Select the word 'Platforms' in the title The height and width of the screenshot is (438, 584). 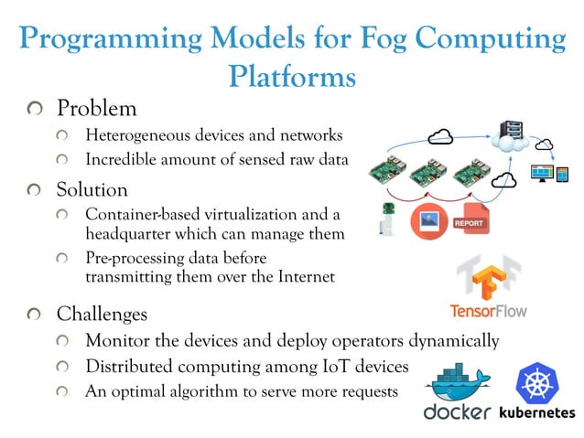292,77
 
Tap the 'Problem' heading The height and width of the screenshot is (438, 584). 96,108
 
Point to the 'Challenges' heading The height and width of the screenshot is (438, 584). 102,314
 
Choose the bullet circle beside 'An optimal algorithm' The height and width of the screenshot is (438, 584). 62,391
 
